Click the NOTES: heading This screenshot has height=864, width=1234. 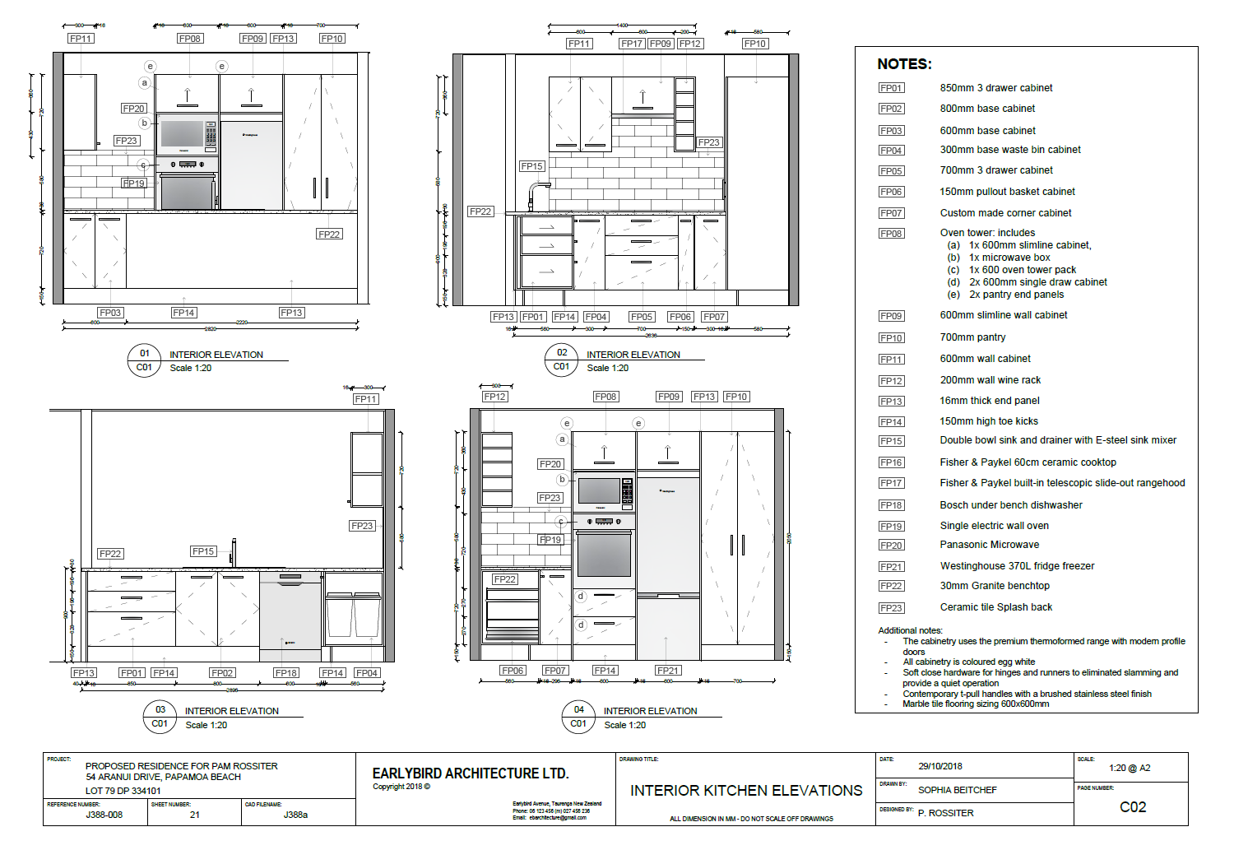904,64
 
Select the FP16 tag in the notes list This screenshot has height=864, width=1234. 891,462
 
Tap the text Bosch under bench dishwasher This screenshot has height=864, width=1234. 1011,505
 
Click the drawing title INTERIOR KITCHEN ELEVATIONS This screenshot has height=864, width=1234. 746,791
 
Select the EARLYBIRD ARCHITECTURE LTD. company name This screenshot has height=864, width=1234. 470,773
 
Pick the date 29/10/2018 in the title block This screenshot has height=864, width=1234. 940,766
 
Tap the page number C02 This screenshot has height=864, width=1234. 1133,807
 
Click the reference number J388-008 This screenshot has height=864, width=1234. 104,815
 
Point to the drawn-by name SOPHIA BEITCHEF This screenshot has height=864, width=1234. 958,790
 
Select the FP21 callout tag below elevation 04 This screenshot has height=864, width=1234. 668,671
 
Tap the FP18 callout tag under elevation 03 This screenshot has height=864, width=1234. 286,673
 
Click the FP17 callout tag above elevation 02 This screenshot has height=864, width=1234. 632,44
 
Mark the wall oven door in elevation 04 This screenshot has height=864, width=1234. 604,554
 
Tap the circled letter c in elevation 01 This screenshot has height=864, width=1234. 143,165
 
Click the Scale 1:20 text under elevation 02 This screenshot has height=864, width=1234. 607,368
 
